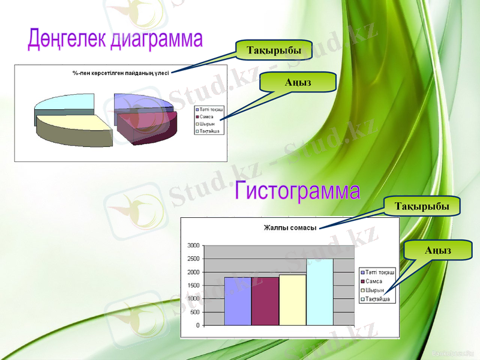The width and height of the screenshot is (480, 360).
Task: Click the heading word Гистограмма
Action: pyautogui.click(x=298, y=191)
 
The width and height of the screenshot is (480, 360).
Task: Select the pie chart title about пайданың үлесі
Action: pyautogui.click(x=121, y=73)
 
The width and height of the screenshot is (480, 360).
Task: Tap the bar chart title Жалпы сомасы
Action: pyautogui.click(x=290, y=227)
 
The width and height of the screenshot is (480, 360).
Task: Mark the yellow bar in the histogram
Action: pyautogui.click(x=292, y=300)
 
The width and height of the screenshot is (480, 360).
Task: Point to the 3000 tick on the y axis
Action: pyautogui.click(x=193, y=245)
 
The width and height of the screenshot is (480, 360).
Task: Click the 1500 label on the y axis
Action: pyautogui.click(x=193, y=286)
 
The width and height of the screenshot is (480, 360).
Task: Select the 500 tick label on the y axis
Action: pyautogui.click(x=196, y=312)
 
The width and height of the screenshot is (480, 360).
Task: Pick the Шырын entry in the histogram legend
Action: pyautogui.click(x=374, y=290)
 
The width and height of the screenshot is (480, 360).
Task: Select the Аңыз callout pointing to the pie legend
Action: pyautogui.click(x=298, y=82)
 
